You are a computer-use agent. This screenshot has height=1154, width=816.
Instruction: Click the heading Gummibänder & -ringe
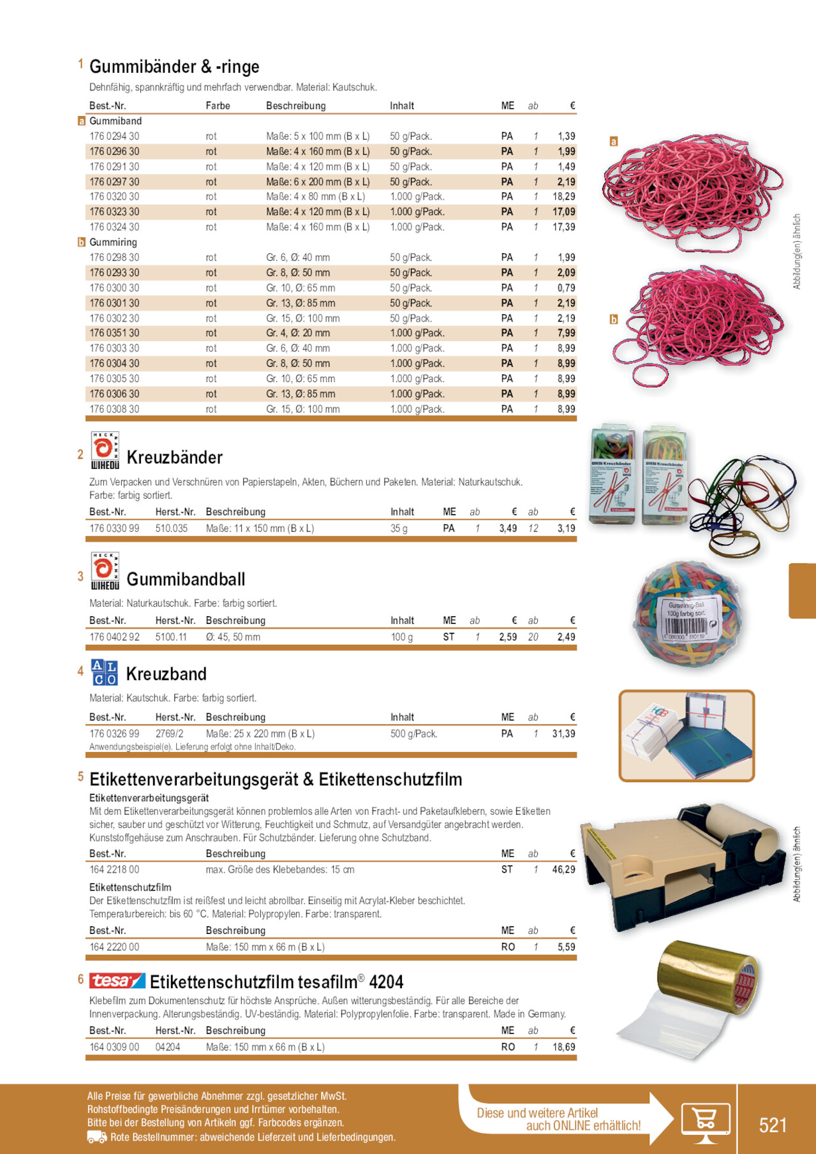tap(174, 67)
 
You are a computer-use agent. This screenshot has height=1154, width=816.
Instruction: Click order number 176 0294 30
tap(114, 137)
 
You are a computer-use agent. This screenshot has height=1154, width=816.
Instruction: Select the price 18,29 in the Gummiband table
tap(563, 197)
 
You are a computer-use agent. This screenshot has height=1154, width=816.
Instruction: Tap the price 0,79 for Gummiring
tap(566, 288)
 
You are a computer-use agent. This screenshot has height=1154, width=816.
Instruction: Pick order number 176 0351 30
tap(114, 334)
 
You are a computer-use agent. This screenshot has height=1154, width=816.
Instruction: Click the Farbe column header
tap(218, 106)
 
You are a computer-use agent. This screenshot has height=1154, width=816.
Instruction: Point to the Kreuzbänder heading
tap(174, 457)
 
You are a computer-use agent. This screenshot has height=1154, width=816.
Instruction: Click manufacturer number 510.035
tap(172, 529)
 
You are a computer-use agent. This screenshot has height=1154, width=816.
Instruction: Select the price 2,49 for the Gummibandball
tap(566, 637)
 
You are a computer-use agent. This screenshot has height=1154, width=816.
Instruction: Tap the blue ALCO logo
tap(104, 673)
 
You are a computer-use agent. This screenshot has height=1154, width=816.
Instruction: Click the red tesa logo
tap(117, 981)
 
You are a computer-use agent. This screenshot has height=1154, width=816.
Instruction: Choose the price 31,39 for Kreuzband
tap(563, 734)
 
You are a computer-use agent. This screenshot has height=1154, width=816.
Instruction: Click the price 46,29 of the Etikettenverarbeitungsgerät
tap(563, 870)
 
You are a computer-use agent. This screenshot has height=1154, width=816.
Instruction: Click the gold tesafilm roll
tap(708, 977)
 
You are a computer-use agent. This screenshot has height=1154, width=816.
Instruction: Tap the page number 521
tap(773, 1125)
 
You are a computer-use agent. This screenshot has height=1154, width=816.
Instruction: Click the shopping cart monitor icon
tap(705, 1121)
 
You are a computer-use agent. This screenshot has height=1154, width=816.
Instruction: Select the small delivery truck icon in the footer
tap(97, 1137)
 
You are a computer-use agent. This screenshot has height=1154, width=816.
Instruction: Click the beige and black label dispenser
tap(683, 864)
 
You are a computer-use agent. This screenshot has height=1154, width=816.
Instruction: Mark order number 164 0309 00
tap(114, 1047)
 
